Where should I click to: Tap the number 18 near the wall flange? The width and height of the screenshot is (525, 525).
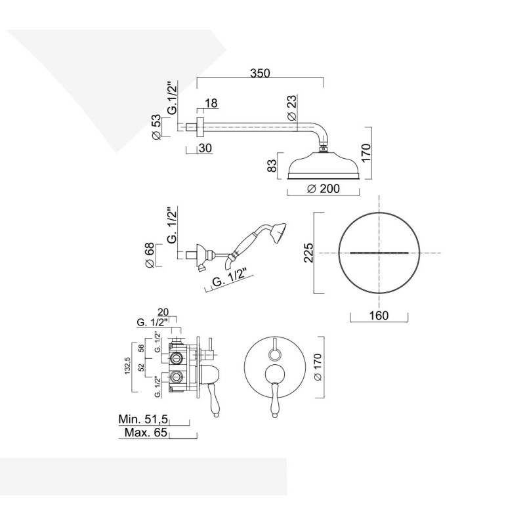coord(210,103)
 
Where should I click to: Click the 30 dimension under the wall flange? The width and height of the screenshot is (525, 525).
coord(204,148)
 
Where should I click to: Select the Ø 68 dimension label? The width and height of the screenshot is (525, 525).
coord(151,255)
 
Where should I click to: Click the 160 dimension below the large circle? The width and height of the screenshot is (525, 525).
coord(379,316)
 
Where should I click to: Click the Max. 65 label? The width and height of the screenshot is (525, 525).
coord(144,433)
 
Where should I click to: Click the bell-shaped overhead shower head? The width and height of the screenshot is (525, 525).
coord(323,166)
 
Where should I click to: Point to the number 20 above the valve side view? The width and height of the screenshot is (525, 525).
coord(164,312)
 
